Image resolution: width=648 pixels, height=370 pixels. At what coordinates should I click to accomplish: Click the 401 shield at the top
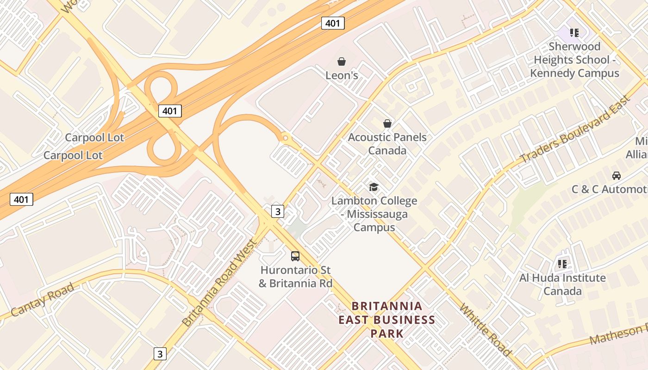click(333, 23)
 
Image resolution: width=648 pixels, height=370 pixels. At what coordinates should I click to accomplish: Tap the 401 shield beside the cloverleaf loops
click(170, 111)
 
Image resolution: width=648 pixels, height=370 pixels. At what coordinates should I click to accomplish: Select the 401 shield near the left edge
click(21, 200)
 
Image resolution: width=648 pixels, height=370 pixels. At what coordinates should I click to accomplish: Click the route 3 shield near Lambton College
click(277, 211)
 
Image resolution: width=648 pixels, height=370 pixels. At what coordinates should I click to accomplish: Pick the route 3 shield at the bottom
click(160, 354)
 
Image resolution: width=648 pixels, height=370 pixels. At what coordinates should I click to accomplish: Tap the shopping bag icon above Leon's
click(342, 62)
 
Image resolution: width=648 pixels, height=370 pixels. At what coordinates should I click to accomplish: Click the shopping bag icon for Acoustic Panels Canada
click(387, 123)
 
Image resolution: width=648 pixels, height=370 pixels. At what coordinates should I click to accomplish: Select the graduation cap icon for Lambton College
click(374, 187)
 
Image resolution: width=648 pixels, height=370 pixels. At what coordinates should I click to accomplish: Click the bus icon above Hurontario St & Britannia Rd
click(295, 256)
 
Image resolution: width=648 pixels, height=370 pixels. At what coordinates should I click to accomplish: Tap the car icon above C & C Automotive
click(617, 176)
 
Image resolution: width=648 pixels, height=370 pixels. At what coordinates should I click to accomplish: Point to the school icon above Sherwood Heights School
click(574, 32)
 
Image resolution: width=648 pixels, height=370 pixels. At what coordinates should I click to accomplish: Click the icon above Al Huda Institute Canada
click(562, 264)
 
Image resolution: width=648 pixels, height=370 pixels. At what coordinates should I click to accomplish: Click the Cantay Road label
click(42, 300)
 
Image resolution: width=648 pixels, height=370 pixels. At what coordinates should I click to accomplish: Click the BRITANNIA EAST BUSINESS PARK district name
click(387, 320)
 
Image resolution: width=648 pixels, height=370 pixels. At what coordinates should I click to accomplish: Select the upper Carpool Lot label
click(94, 137)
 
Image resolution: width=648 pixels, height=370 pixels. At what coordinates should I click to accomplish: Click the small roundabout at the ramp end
click(285, 137)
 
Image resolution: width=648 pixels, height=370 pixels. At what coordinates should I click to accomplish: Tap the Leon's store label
click(342, 75)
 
